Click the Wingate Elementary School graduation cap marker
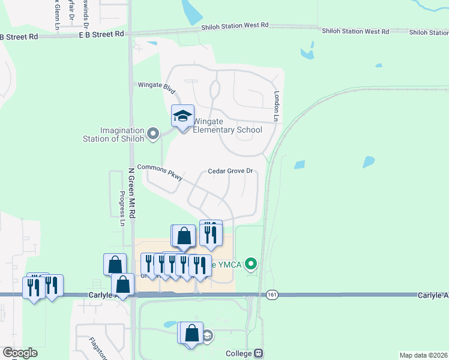click(x=183, y=116)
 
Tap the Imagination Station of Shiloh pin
click(x=152, y=133)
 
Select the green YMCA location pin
click(x=252, y=263)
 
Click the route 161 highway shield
click(x=273, y=295)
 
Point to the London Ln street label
click(x=277, y=107)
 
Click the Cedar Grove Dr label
click(x=231, y=171)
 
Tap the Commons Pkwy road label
click(x=160, y=172)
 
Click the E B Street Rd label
click(x=101, y=34)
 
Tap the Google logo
click(x=20, y=353)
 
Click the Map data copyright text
click(x=424, y=355)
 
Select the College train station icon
click(x=259, y=353)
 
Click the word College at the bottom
click(x=240, y=353)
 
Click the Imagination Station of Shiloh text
click(x=114, y=135)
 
